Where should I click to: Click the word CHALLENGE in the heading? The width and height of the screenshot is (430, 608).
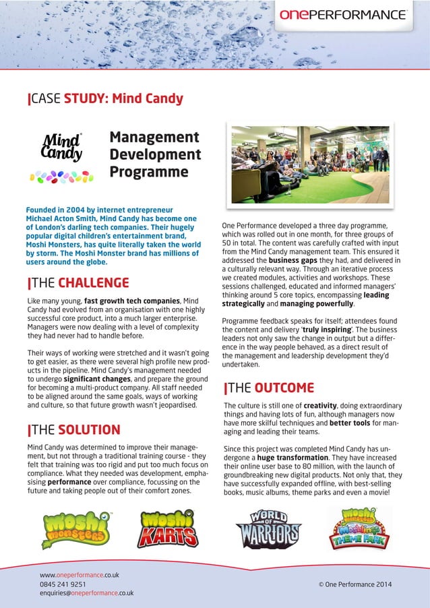point(93,282)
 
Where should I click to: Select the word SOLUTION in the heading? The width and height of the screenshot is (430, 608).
point(89,430)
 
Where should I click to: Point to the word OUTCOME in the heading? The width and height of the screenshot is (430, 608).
point(284,388)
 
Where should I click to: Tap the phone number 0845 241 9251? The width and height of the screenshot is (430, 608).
point(63,584)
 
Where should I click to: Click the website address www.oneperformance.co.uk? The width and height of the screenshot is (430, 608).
point(80,575)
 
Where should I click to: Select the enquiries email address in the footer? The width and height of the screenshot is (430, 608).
point(86,593)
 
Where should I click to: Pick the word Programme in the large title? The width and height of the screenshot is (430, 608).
point(149,172)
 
